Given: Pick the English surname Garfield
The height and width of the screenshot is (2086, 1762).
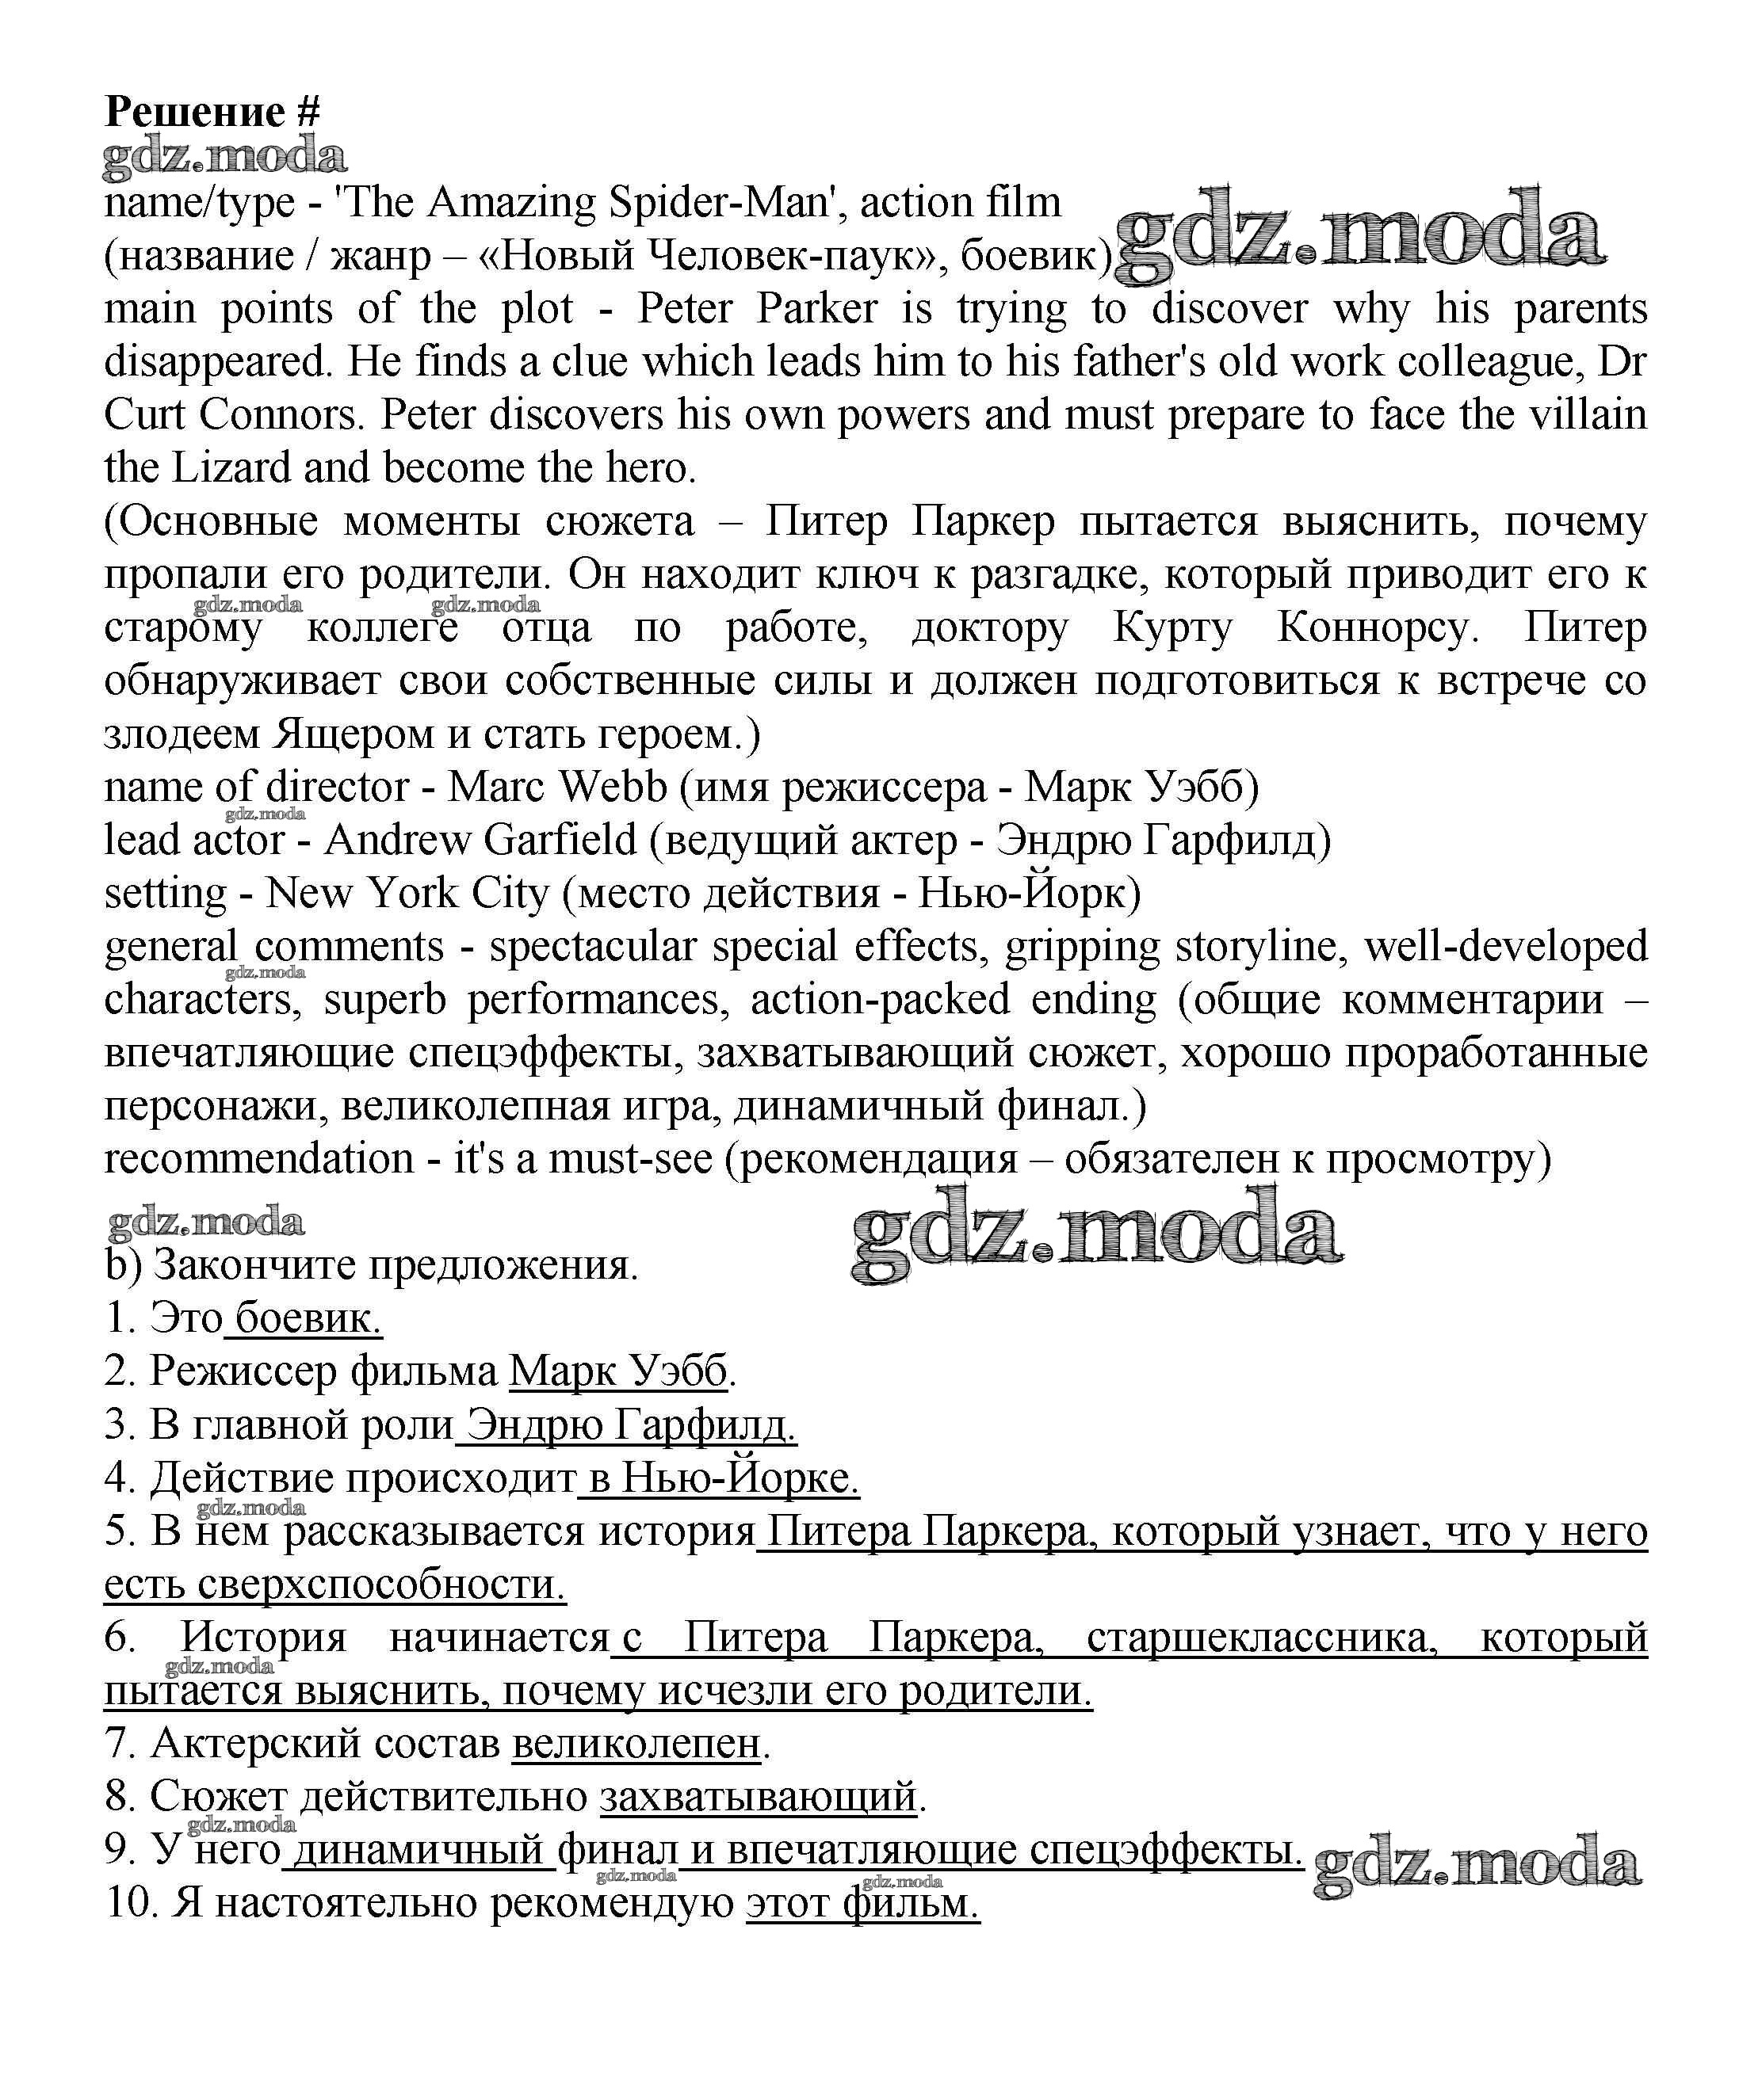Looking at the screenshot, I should pos(560,841).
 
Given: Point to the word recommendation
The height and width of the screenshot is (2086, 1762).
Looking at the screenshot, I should pos(258,1159).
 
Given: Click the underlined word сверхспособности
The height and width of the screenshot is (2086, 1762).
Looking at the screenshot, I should pos(381,1585).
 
